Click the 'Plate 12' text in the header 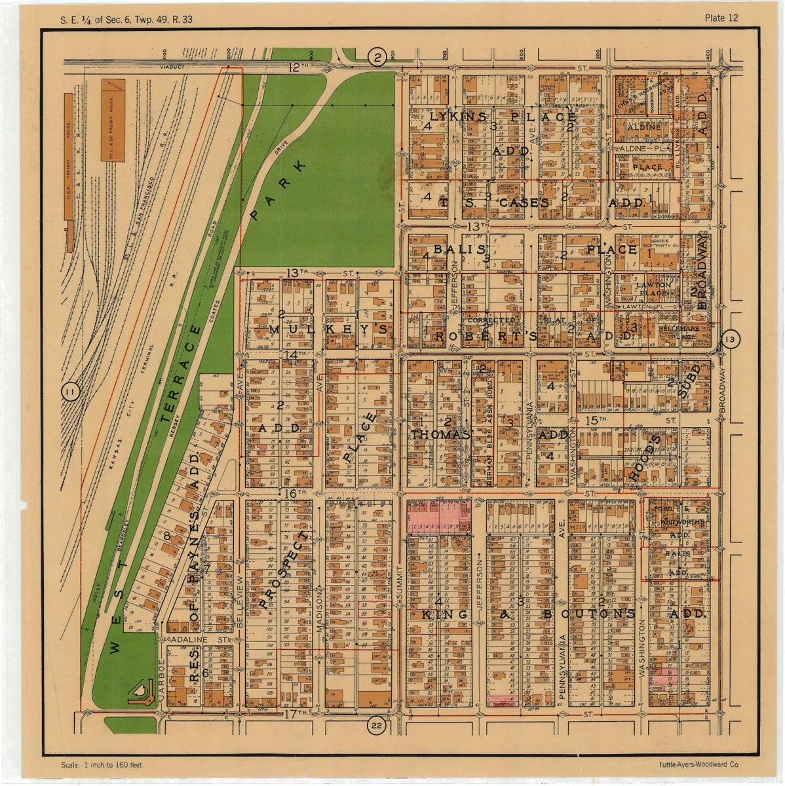point(721,18)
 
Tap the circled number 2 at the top point(376,58)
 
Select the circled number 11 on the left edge point(69,393)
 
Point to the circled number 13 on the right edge point(731,339)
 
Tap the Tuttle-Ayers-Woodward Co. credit point(699,764)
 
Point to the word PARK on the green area point(278,189)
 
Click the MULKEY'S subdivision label point(328,329)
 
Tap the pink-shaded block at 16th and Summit point(438,517)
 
